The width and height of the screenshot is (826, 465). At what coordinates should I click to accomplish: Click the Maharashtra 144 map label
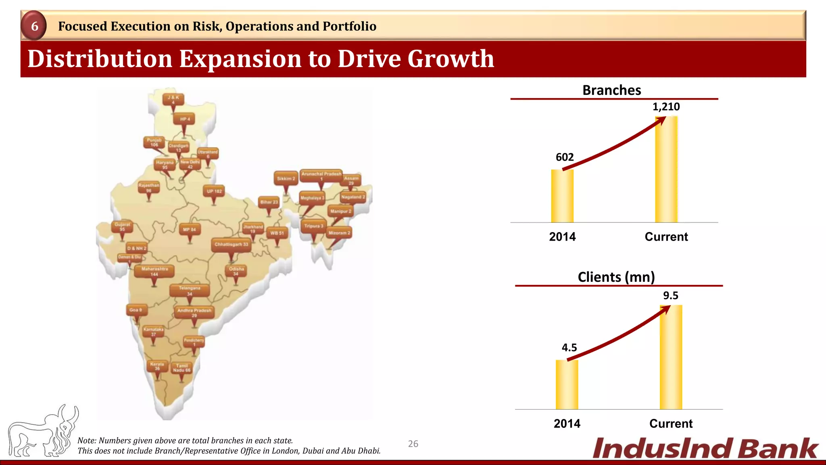pos(154,271)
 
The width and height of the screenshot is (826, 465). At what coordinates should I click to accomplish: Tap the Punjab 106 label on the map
pos(154,142)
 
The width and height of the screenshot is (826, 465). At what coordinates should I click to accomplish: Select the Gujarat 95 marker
pos(122,226)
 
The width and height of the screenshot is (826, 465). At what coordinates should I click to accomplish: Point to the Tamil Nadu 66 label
pos(181,368)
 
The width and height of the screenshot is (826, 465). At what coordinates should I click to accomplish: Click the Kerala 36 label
pos(157,366)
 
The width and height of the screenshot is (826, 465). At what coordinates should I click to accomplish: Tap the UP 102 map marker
pos(214,191)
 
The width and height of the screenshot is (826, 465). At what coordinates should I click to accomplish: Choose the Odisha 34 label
pos(236,271)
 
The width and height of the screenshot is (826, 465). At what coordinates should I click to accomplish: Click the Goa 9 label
pos(136,310)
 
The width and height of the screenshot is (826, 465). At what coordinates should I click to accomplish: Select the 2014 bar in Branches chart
pos(562,196)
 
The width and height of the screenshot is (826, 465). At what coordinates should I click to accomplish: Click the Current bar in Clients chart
pos(671,357)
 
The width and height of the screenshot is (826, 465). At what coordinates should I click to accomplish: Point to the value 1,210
pos(666,107)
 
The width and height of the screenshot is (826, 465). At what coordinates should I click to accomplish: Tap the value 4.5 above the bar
pos(569,348)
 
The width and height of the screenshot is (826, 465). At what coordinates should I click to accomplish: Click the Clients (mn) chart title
pos(616,277)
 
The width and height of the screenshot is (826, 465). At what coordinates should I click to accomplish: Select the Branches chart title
pos(611,90)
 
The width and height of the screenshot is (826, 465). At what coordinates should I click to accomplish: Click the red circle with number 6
pos(35,26)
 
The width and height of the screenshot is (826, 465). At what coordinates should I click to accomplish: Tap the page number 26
pos(413,444)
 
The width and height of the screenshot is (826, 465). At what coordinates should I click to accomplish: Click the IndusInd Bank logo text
pos(705,448)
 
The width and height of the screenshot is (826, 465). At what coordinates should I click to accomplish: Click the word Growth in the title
pos(451,59)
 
